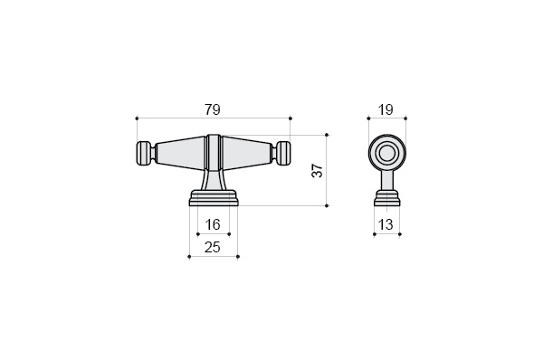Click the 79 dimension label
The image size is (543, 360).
click(x=213, y=109)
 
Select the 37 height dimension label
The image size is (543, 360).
click(x=318, y=171)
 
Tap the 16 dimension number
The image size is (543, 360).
click(x=213, y=224)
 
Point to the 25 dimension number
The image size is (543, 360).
click(x=213, y=247)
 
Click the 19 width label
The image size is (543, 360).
click(x=386, y=110)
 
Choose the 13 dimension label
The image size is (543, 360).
click(x=386, y=225)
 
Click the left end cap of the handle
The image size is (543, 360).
click(x=144, y=153)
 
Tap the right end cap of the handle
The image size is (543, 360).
click(x=283, y=153)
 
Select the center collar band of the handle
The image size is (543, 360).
click(x=214, y=152)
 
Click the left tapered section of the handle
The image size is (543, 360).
click(x=181, y=153)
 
